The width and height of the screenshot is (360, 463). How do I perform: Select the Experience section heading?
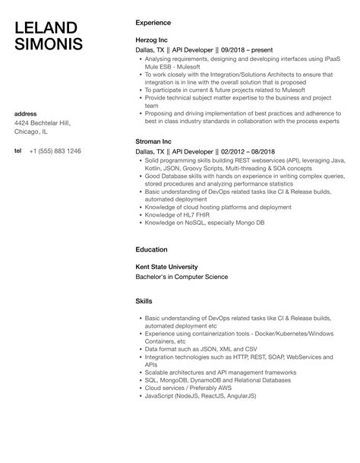click(153, 23)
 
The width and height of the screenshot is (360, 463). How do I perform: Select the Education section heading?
click(152, 249)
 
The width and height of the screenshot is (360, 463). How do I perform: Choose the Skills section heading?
click(144, 302)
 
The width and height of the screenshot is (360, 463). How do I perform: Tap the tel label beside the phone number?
click(18, 151)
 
